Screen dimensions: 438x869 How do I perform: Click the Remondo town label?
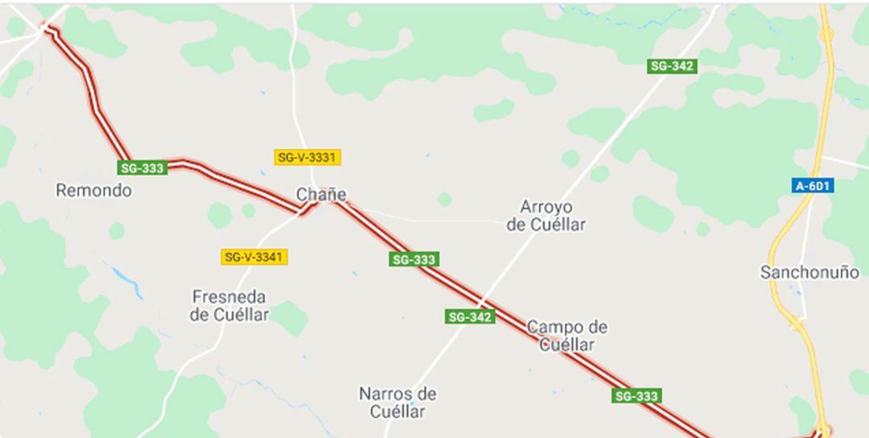[x=93, y=191]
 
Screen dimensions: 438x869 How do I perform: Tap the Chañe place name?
[x=321, y=194]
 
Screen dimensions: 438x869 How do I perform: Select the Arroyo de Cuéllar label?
[x=546, y=216]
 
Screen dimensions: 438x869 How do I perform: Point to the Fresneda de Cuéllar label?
[x=229, y=305]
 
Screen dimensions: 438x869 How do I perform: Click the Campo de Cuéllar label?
[x=567, y=336]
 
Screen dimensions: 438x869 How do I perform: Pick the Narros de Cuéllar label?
[x=397, y=403]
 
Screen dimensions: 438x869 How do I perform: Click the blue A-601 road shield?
[x=812, y=186]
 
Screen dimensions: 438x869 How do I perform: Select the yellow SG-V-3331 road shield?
[x=307, y=157]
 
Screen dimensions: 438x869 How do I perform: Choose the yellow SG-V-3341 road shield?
[x=254, y=257]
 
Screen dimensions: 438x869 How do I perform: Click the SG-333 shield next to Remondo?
[x=142, y=167]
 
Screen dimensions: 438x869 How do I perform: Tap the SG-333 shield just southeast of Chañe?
[x=414, y=259]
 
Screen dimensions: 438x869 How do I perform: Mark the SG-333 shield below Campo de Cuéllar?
[x=636, y=395]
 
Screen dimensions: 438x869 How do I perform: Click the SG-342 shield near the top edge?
[x=672, y=66]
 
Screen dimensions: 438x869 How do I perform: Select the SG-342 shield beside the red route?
[x=470, y=316]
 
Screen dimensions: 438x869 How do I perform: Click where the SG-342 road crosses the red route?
[x=481, y=303]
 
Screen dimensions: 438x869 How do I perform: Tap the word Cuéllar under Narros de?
[x=397, y=411]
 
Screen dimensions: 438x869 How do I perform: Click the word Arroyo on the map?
[x=546, y=207]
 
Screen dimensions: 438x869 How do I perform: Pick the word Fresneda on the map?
[x=229, y=296]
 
